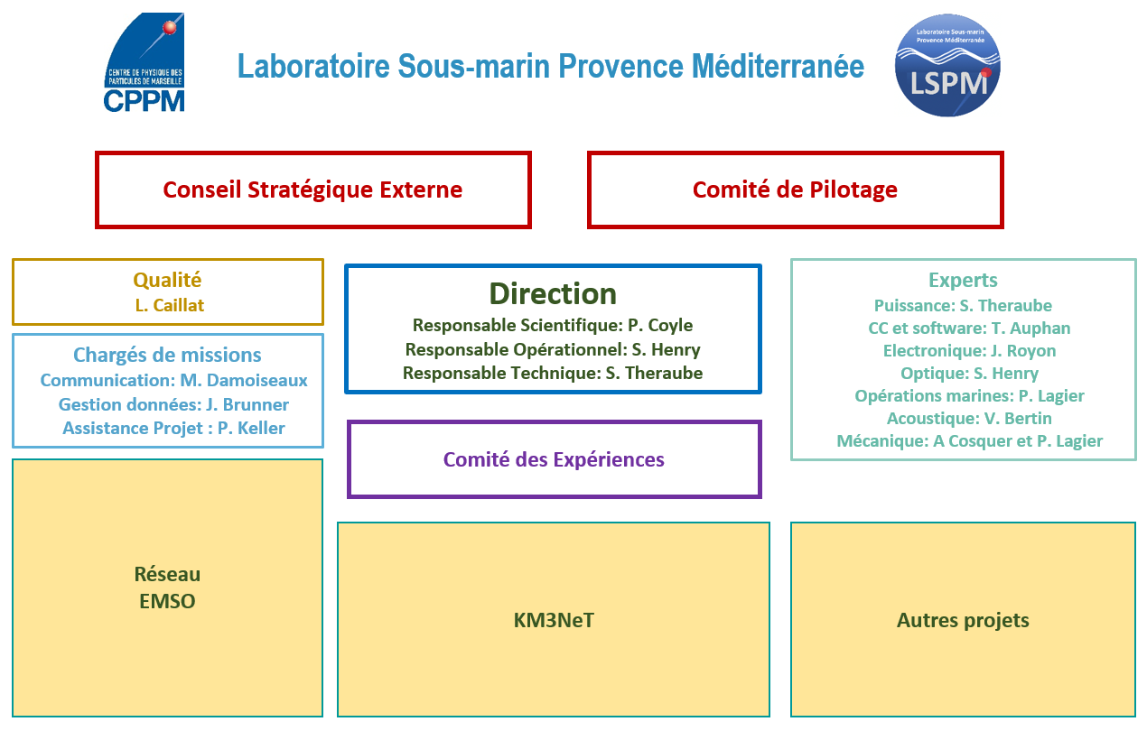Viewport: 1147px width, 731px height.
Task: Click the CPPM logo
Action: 144,62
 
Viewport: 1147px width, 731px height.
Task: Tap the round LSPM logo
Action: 947,66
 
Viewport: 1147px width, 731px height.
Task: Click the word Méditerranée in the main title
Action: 778,67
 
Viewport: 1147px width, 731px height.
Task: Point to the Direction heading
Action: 553,293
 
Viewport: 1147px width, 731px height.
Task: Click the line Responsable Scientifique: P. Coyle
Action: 553,326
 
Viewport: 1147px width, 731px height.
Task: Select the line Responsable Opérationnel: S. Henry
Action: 553,349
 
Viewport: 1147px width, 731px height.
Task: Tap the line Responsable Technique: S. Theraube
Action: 553,374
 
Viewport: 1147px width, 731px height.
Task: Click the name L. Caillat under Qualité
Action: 170,305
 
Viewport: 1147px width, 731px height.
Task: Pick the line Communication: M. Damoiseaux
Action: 173,381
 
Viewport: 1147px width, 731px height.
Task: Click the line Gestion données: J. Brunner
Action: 173,404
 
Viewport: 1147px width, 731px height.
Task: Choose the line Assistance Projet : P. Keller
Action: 173,428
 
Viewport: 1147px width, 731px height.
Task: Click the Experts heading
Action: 963,281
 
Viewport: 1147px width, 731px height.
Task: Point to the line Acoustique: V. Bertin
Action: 969,419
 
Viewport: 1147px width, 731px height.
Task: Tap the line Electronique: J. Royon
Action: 969,351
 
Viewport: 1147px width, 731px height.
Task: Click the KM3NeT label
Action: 554,621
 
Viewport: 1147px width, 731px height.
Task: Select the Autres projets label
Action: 963,621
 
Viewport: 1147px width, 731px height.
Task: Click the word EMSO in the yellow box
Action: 167,602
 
